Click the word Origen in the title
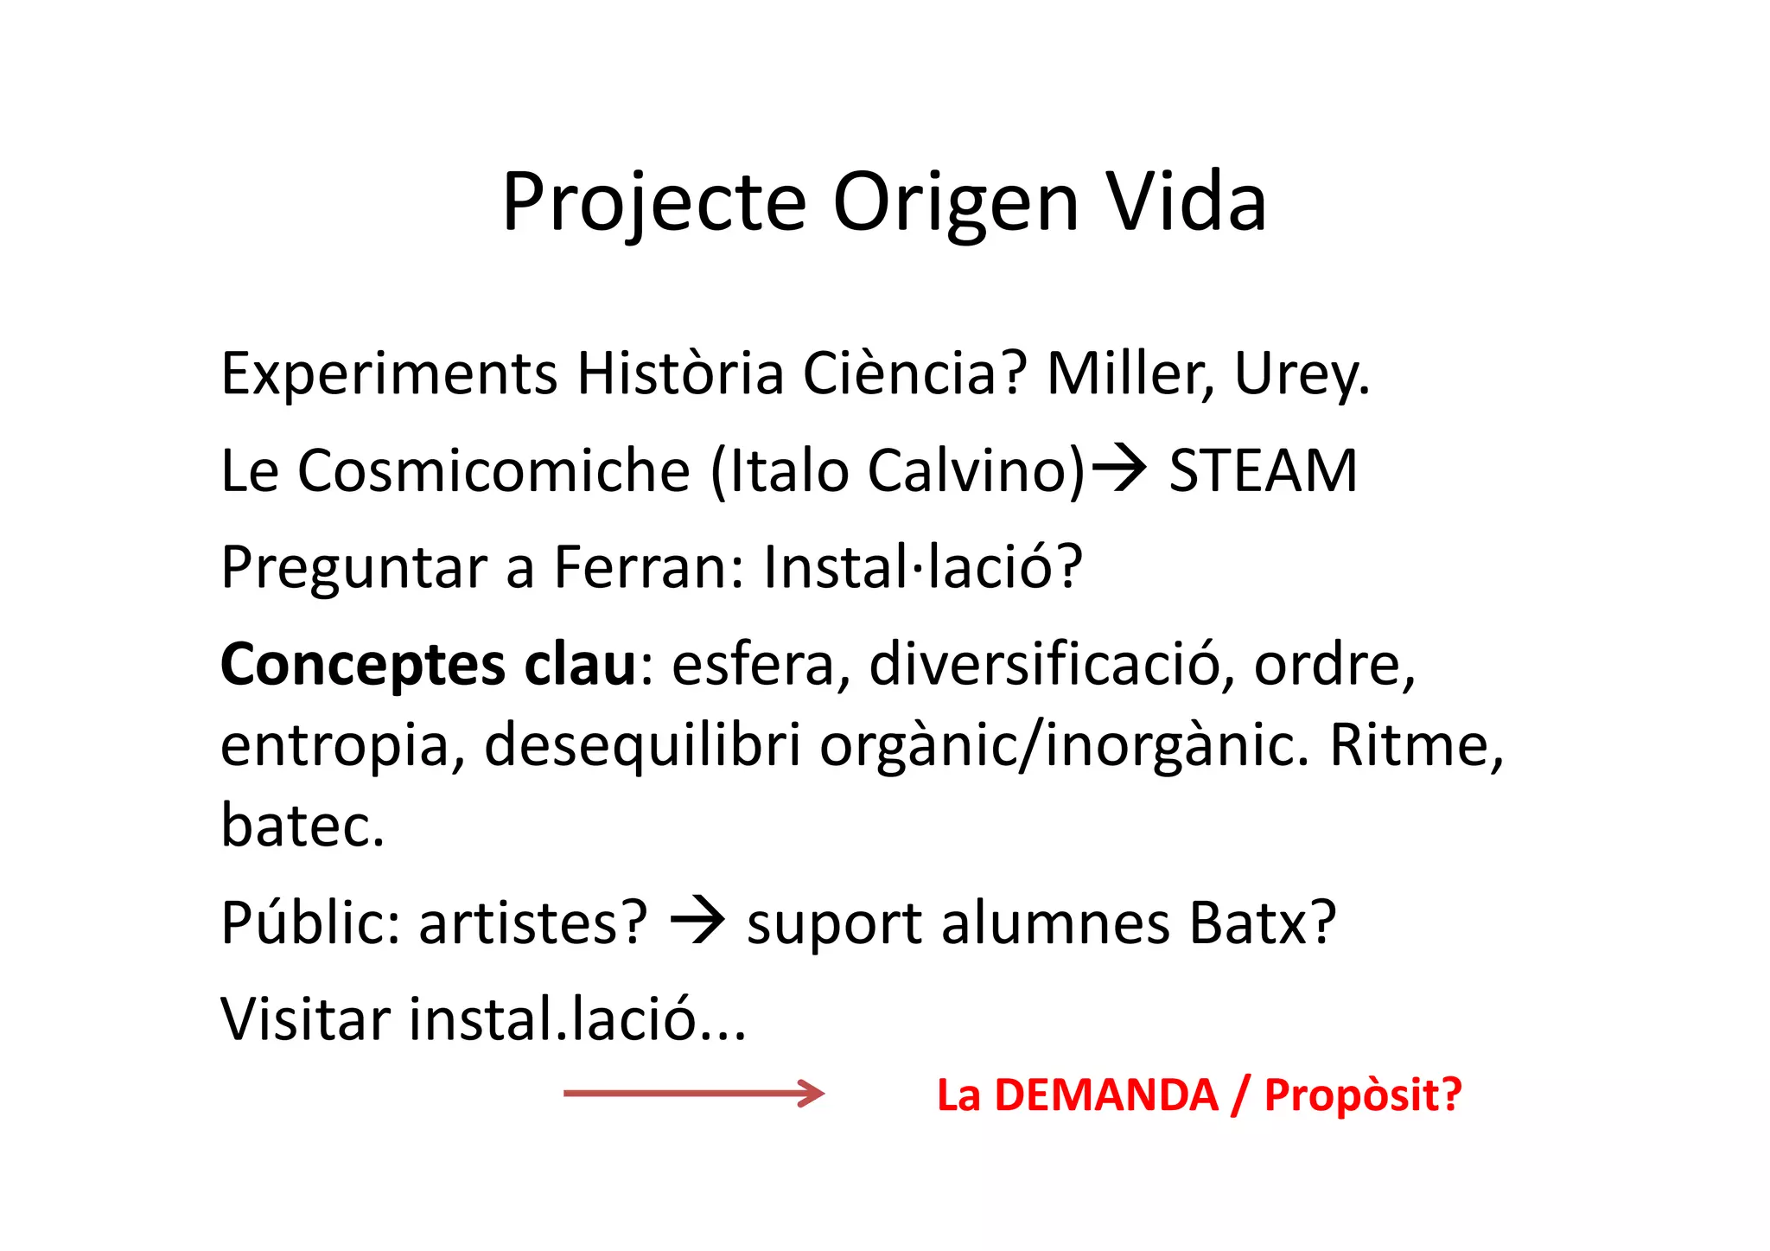[x=956, y=203]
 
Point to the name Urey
[x=1301, y=375]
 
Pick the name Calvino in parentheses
[x=975, y=471]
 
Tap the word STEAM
[x=1263, y=471]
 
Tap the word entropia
[x=335, y=746]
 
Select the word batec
[x=302, y=826]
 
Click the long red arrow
[x=694, y=1094]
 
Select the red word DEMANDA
[x=1106, y=1095]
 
